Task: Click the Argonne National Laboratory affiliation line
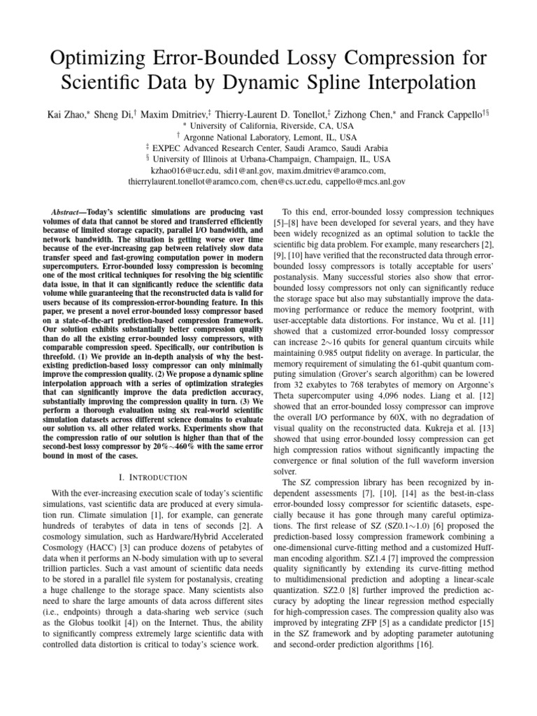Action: (x=268, y=136)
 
